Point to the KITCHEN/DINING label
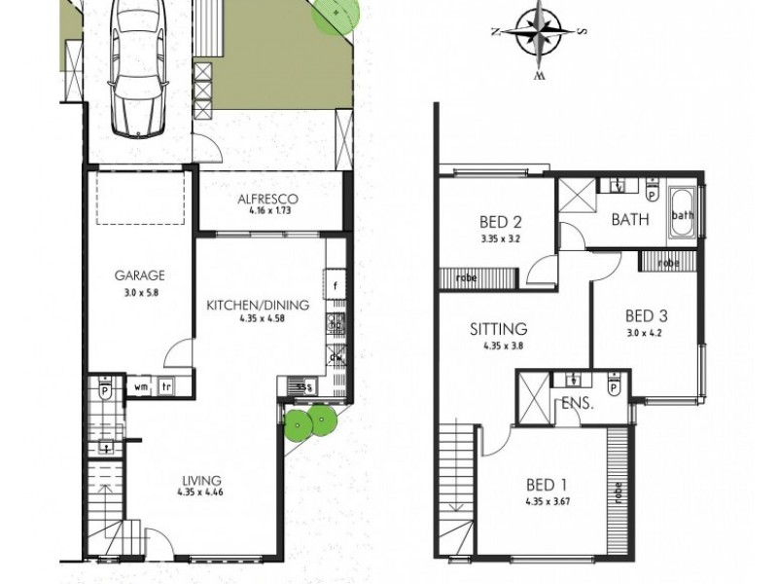pos(257,305)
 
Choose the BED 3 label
pos(647,315)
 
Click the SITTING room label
pos(498,329)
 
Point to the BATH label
pos(629,220)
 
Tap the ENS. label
pos(577,401)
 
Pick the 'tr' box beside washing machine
pos(165,387)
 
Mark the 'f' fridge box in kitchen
pos(336,286)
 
